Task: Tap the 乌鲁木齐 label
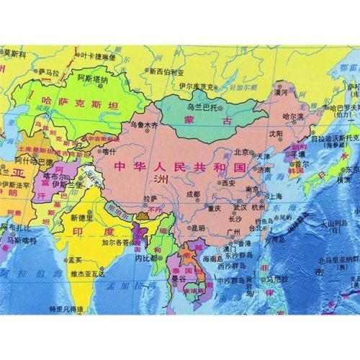coord(143,125)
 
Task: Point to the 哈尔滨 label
coord(294,115)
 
